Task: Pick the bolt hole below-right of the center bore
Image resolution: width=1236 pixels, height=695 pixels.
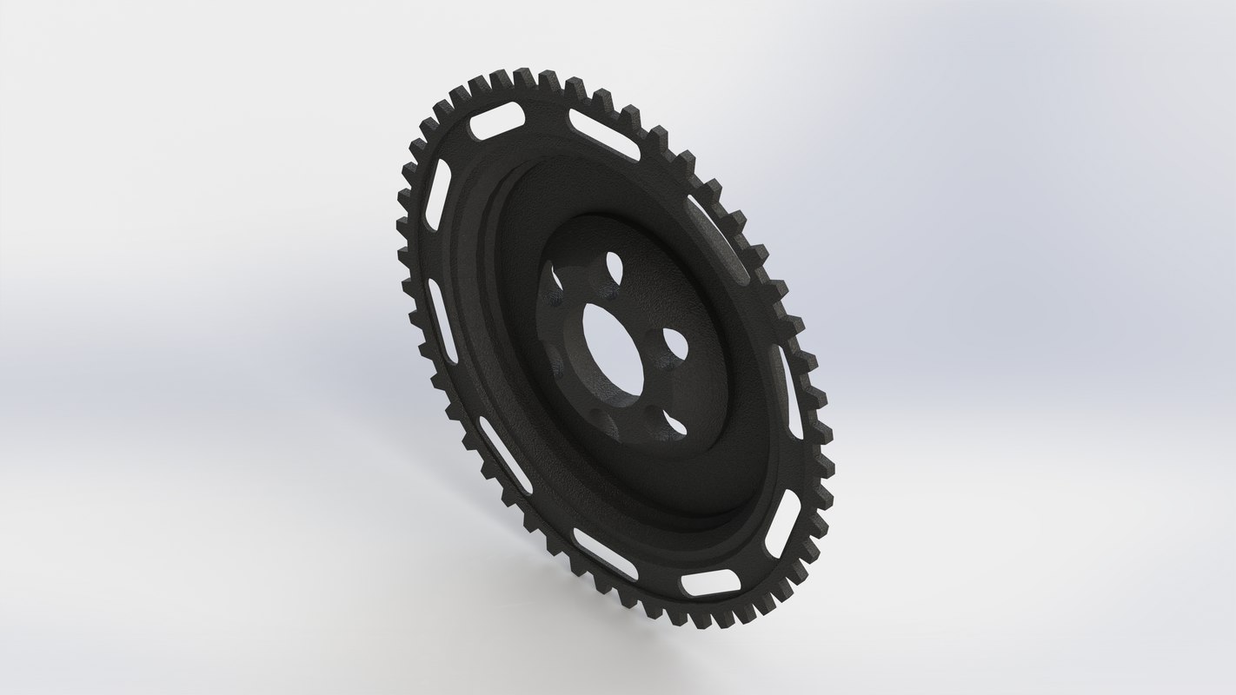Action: tap(673, 424)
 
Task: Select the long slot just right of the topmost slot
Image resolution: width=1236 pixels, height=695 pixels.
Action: tap(604, 134)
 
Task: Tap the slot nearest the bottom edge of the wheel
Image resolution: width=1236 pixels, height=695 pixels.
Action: tap(710, 584)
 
